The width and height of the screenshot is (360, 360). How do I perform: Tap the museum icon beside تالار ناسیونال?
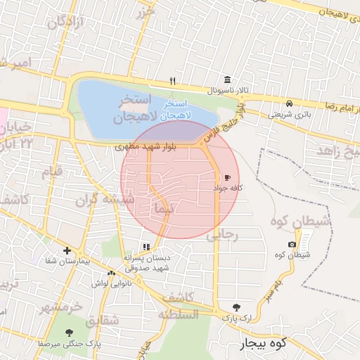(226, 80)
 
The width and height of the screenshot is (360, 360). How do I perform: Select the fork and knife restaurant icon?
(173, 81)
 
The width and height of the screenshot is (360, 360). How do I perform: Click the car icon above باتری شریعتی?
(290, 103)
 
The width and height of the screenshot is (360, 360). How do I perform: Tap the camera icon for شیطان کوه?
(292, 244)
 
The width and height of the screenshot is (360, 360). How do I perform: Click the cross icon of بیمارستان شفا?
(67, 250)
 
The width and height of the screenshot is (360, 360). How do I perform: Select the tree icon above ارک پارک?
(236, 307)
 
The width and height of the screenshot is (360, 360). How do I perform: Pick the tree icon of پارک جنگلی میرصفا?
(69, 333)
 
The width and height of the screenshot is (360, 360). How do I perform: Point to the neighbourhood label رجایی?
(224, 236)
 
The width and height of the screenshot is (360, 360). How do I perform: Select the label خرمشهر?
(60, 307)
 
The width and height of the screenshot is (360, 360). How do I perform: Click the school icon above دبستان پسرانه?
(146, 247)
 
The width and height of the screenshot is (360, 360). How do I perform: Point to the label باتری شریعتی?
(288, 114)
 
